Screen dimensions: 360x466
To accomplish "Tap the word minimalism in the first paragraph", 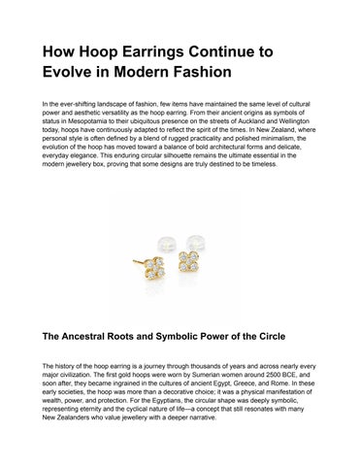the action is click(292, 139).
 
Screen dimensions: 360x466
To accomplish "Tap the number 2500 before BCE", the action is click(267, 374).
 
